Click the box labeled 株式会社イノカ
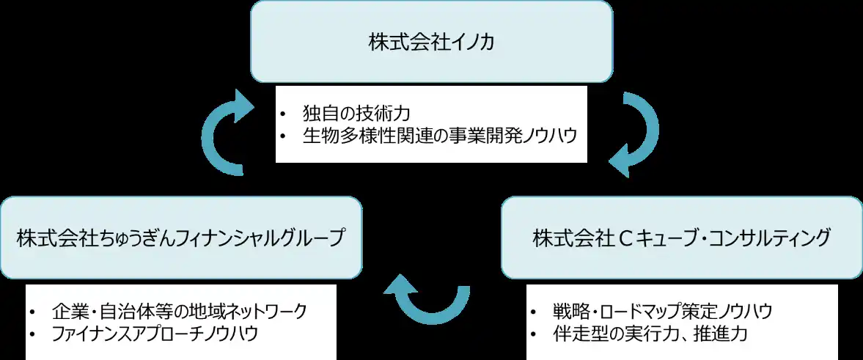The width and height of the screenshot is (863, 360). pos(431,41)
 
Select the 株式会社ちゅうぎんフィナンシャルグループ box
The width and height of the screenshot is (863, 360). pos(180,238)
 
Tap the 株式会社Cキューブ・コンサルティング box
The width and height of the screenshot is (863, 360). pos(681,238)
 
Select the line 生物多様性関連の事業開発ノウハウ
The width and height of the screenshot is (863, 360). pos(438,136)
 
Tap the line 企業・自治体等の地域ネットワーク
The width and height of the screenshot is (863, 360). pos(180,310)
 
